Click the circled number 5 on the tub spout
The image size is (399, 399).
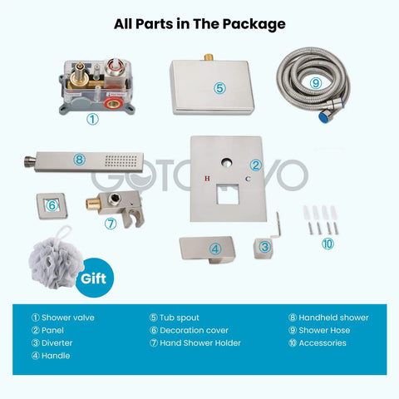(219, 88)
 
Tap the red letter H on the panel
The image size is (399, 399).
(207, 178)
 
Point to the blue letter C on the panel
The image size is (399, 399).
(248, 179)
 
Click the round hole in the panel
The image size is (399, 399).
(227, 163)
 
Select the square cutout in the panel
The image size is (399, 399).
(228, 194)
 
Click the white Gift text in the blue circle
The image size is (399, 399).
(93, 278)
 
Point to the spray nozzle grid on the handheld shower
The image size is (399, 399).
(121, 161)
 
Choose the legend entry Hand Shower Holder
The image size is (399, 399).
(195, 343)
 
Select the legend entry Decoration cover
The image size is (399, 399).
(189, 330)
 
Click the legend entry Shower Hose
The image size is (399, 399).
(319, 330)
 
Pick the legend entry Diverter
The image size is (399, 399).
(52, 343)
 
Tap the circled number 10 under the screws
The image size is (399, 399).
(328, 244)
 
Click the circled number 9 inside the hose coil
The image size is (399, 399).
(316, 82)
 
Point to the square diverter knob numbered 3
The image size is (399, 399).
(263, 248)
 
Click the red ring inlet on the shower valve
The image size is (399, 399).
(114, 104)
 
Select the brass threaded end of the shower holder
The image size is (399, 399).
(93, 204)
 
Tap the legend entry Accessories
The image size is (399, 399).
(318, 343)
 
